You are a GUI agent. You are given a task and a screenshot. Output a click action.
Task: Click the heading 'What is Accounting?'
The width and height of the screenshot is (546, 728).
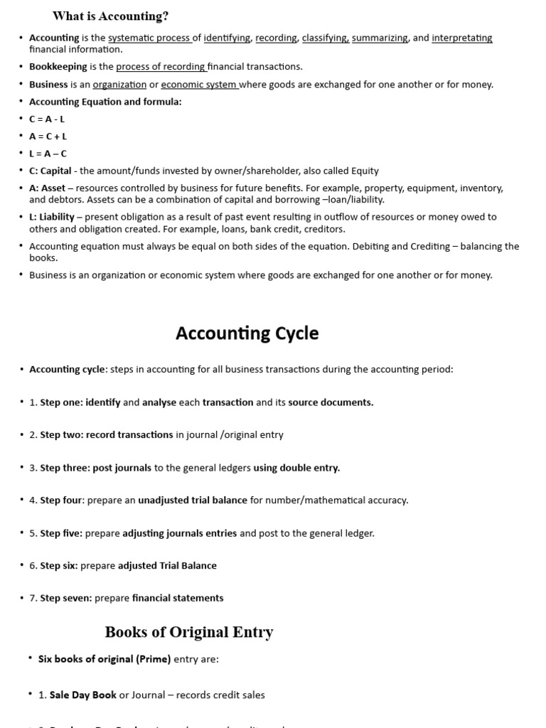(110, 16)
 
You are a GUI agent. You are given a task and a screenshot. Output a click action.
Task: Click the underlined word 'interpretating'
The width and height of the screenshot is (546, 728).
(461, 38)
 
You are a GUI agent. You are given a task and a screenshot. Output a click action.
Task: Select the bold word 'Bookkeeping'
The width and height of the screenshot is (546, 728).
(58, 67)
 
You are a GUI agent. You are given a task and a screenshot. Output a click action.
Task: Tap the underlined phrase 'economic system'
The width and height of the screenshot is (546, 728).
(199, 85)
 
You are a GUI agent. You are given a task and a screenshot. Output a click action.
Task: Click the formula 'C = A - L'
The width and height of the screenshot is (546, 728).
(47, 119)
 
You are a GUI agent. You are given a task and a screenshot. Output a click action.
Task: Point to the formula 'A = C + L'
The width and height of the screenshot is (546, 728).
(48, 136)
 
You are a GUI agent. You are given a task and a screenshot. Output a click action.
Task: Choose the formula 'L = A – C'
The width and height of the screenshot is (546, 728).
(48, 154)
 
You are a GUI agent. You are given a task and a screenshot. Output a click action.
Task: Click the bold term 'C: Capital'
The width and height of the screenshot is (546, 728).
(50, 171)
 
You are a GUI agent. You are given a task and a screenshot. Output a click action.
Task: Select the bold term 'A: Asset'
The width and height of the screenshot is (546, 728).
(47, 188)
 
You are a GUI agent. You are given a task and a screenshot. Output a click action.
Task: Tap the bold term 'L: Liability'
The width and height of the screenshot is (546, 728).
(52, 217)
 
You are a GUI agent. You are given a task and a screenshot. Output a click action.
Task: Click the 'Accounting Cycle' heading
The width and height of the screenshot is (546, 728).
(247, 333)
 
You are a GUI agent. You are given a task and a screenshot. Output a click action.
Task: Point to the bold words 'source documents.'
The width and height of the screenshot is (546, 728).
(331, 402)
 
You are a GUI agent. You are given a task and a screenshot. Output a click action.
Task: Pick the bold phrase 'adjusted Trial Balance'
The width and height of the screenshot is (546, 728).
(167, 566)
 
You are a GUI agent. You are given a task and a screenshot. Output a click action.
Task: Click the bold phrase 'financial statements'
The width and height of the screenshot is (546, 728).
(178, 599)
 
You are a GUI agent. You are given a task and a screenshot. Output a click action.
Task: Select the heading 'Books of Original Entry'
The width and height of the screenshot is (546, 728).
(189, 632)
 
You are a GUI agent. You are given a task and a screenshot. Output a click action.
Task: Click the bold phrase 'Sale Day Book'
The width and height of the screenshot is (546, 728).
(82, 695)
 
